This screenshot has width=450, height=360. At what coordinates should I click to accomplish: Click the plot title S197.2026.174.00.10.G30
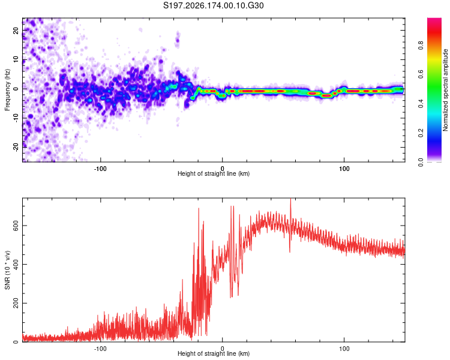213,5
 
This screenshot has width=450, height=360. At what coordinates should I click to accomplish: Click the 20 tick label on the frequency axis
16,30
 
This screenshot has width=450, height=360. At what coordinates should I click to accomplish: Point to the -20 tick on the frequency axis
16,147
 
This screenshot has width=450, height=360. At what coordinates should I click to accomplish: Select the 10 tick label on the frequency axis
16,59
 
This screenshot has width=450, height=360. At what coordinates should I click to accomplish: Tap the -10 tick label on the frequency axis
16,118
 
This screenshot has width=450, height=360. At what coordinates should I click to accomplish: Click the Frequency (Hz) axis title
7,90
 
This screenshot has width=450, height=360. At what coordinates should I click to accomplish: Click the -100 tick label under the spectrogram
100,169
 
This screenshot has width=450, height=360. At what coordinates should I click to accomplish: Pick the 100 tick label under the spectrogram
344,169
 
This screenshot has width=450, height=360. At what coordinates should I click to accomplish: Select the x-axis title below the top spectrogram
214,173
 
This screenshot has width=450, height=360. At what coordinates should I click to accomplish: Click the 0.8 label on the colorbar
421,46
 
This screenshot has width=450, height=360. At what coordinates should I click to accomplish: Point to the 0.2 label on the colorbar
421,133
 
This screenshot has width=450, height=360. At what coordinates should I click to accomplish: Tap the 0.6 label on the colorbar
421,74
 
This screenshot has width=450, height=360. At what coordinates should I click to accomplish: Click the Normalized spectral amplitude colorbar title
445,90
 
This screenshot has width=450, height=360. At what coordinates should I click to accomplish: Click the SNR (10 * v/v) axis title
7,270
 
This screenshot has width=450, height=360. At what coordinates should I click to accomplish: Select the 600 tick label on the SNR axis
16,226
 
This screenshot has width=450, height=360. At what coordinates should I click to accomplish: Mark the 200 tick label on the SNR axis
16,303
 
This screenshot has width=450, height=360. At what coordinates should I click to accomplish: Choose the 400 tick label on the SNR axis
16,264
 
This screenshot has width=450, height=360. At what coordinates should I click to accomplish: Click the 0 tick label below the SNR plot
222,349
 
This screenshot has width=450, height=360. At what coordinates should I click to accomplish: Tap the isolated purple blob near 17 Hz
178,40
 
